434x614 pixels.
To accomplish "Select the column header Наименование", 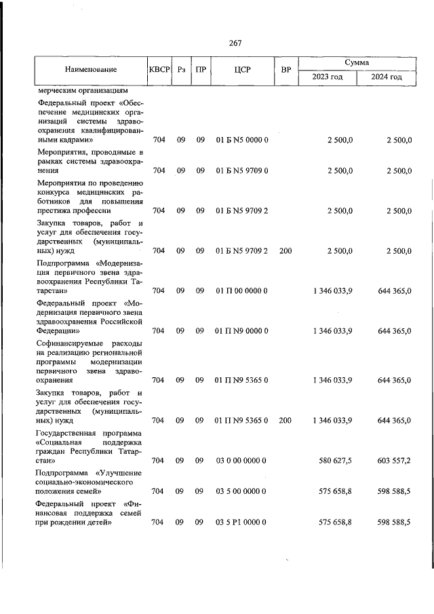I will point(91,69).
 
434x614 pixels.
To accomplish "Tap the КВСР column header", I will point(159,69).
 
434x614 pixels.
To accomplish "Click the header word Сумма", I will point(357,62).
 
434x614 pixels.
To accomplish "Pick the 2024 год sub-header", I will point(387,77).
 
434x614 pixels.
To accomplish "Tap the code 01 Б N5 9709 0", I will point(242,170).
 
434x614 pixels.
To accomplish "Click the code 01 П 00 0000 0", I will point(242,291).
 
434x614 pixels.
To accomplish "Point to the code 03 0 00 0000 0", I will point(242,461).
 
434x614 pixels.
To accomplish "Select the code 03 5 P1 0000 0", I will point(242,522).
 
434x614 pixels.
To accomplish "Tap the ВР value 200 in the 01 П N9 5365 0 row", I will point(285,421).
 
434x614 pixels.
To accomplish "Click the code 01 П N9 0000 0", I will point(242,331).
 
